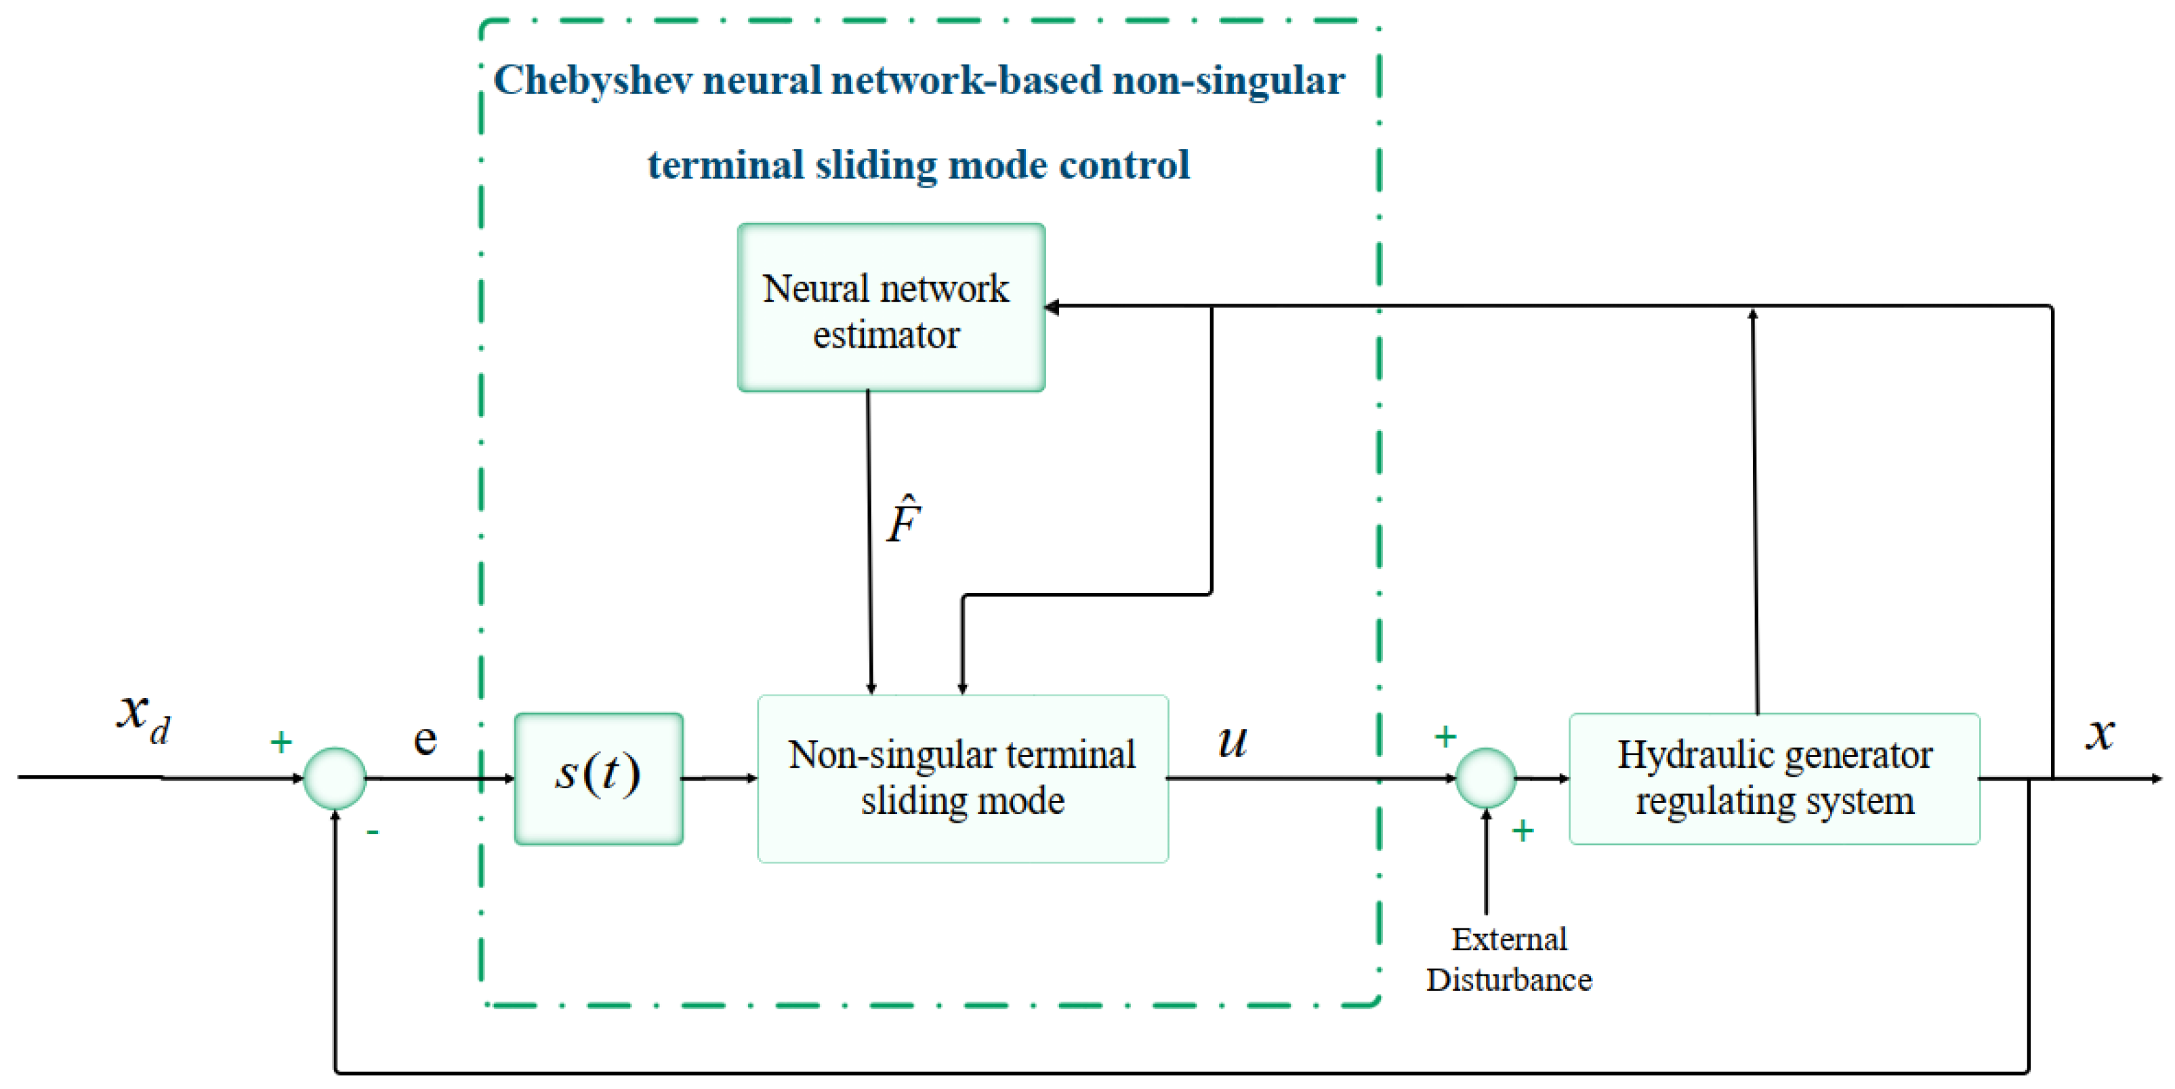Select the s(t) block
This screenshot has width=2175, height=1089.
click(x=598, y=777)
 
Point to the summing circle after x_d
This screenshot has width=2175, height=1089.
click(x=335, y=777)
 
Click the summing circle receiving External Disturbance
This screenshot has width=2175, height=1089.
click(x=1486, y=777)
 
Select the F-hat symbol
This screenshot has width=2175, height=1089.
click(x=903, y=518)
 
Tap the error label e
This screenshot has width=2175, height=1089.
click(x=425, y=741)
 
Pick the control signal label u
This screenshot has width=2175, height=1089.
click(x=1232, y=741)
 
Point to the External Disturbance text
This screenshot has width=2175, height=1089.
click(x=1509, y=959)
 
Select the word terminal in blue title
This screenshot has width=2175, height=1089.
click(x=725, y=165)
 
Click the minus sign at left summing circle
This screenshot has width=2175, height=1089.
click(x=373, y=832)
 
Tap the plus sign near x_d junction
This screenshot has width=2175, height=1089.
click(x=281, y=742)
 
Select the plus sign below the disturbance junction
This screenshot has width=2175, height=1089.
click(x=1522, y=831)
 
